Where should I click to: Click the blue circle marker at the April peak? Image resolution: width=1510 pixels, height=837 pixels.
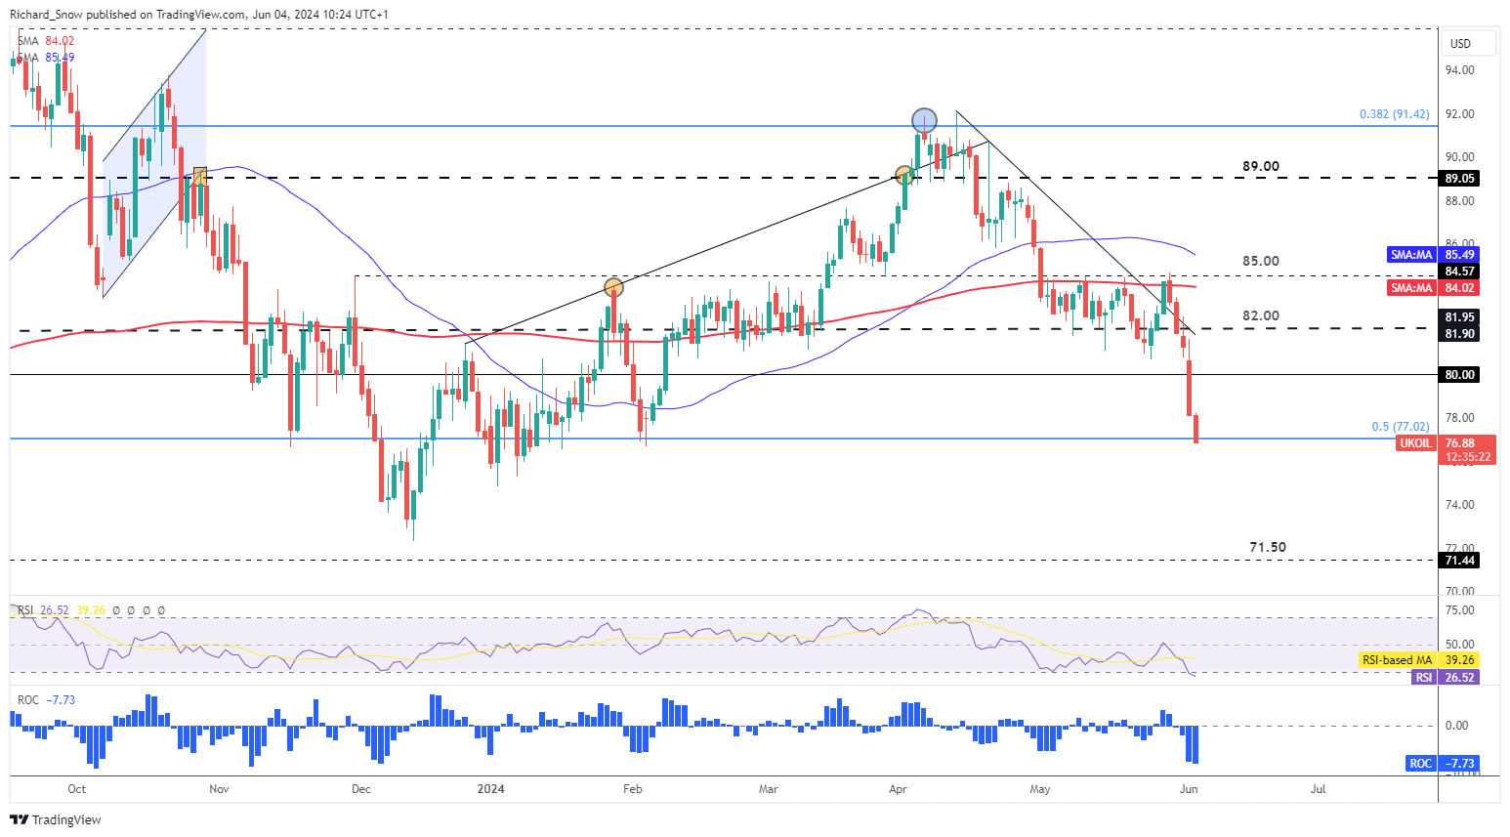click(924, 120)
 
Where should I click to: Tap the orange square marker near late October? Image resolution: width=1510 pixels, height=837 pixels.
click(200, 175)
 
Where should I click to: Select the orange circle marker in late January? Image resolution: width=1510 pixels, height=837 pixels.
click(613, 287)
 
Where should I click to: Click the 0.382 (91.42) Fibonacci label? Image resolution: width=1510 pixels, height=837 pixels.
click(1394, 114)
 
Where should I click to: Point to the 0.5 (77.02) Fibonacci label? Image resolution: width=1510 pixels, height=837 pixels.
click(1400, 427)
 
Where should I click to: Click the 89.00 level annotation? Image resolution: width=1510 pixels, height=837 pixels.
click(1260, 166)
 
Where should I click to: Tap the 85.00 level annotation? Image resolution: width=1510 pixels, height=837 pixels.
click(1260, 261)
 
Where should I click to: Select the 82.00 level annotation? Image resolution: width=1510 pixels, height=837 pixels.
click(1260, 315)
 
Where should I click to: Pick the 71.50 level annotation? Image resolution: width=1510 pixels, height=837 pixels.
click(1267, 547)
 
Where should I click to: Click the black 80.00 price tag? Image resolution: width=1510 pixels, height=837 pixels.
click(1459, 374)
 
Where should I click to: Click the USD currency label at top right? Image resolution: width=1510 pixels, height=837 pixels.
click(1460, 44)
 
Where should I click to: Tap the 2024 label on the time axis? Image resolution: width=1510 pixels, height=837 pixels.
click(490, 789)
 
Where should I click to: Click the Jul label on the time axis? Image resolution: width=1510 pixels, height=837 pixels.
click(1318, 789)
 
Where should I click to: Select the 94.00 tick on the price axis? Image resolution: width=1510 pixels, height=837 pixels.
click(1460, 70)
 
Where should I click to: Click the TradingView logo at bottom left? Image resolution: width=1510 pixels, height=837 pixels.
click(57, 820)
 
